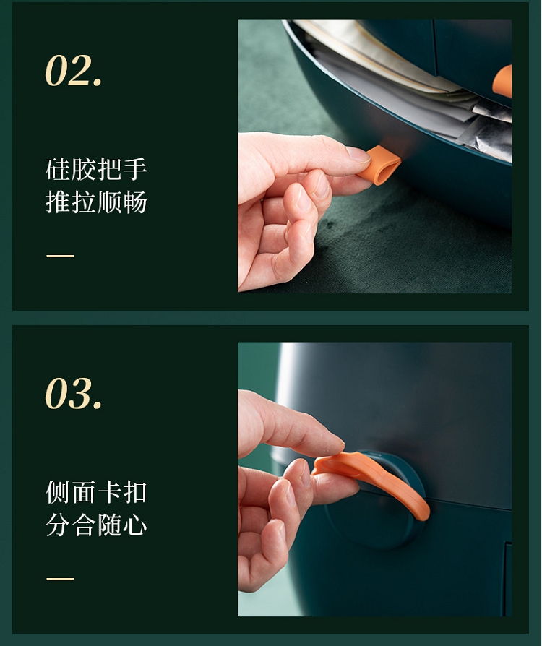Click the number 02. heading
[74, 70]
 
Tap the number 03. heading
[74, 393]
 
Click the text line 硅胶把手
[96, 169]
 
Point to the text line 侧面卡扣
[96, 492]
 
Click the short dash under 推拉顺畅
[60, 256]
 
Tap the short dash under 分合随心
[60, 579]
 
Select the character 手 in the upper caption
[135, 169]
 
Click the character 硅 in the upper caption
[58, 169]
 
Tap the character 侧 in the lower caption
[58, 492]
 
